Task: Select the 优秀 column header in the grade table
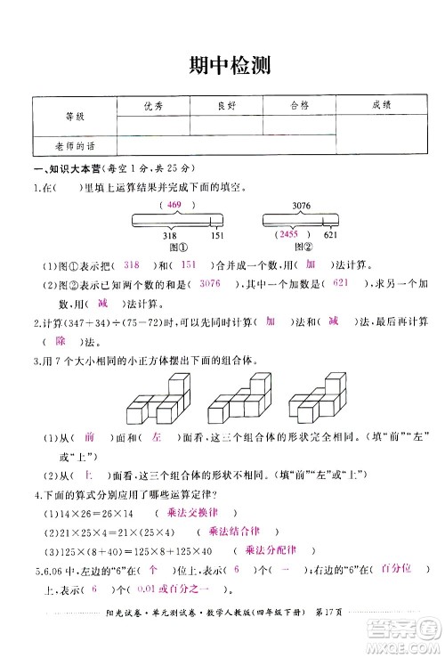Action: click(x=153, y=105)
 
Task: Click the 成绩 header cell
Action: click(x=382, y=105)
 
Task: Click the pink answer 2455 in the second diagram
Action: click(x=287, y=233)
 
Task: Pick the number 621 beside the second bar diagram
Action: click(x=330, y=235)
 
